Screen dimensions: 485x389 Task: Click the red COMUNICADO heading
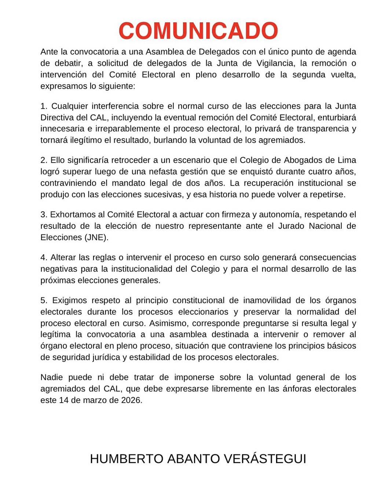(x=198, y=31)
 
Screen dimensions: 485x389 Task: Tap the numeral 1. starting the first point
(x=44, y=107)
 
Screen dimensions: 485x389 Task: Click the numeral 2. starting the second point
(x=44, y=160)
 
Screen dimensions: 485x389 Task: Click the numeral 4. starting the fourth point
(x=44, y=258)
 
